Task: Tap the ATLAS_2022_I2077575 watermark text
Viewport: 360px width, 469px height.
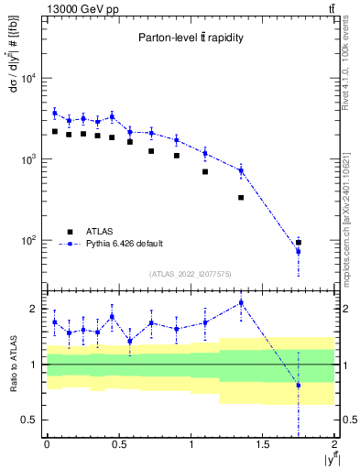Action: point(190,274)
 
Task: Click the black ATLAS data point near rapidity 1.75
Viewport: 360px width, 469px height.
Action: point(299,243)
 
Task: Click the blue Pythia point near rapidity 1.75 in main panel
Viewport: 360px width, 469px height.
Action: point(299,252)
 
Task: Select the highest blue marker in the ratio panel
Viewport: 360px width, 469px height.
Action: point(241,303)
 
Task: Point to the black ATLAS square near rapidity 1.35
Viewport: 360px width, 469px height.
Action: point(241,197)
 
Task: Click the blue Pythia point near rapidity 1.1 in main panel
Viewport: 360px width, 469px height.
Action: point(205,153)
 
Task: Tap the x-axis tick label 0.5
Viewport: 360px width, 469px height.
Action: point(118,445)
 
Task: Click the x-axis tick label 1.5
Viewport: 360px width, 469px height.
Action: point(263,445)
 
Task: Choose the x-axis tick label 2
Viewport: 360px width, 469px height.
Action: point(334,445)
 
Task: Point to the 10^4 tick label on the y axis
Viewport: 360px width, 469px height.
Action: point(27,79)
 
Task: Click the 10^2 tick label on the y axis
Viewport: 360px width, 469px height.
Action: point(27,241)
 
